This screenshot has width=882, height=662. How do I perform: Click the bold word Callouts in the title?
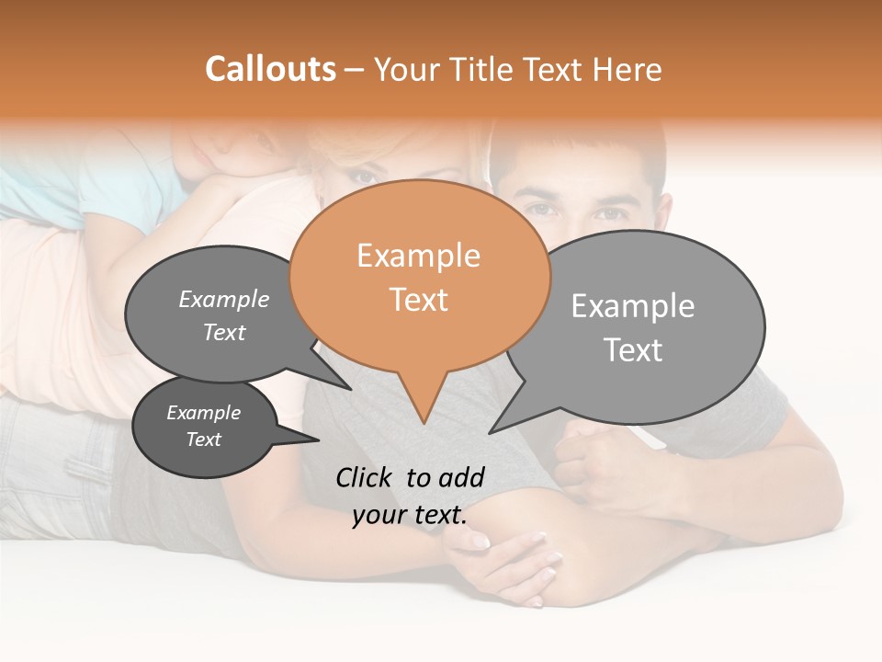pyautogui.click(x=270, y=69)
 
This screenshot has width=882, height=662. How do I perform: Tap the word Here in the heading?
pyautogui.click(x=628, y=69)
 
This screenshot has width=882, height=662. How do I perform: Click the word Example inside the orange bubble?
pyautogui.click(x=418, y=255)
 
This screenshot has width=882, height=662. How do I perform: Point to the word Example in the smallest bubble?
pyautogui.click(x=203, y=413)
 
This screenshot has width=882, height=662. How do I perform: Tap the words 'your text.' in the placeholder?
pyautogui.click(x=409, y=515)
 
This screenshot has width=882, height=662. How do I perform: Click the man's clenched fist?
pyautogui.click(x=588, y=460)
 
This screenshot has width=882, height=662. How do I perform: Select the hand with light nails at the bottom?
pyautogui.click(x=505, y=561)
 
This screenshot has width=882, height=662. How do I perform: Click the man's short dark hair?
pyautogui.click(x=579, y=152)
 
